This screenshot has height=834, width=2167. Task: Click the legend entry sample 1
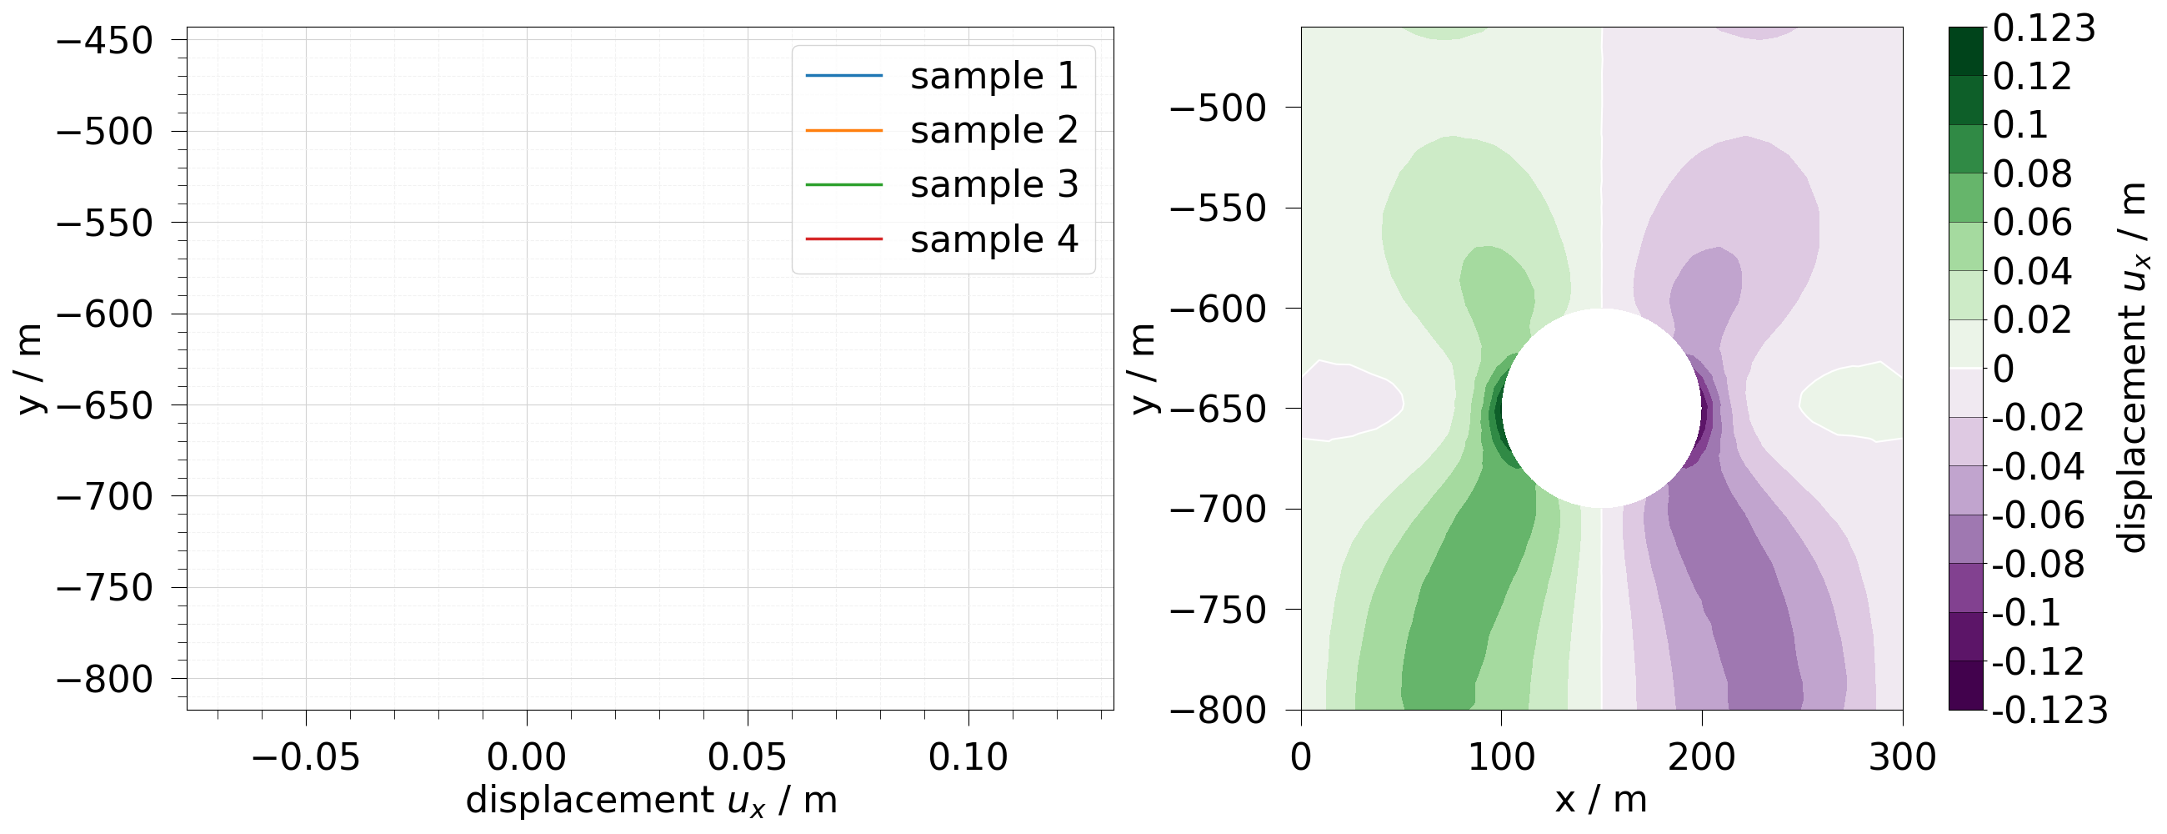(x=993, y=76)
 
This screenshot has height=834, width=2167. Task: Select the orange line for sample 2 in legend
(x=843, y=130)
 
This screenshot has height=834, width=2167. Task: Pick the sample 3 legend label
(x=993, y=184)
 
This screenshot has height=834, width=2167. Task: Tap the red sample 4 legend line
(x=843, y=239)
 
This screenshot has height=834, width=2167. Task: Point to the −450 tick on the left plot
(x=104, y=40)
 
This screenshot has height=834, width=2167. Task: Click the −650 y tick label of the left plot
(x=104, y=405)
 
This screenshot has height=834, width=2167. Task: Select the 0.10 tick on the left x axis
(x=968, y=758)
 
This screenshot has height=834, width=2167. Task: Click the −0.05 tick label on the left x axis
(x=305, y=758)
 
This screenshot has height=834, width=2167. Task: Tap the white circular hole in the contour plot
(x=1601, y=408)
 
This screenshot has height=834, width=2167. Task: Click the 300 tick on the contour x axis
(x=1902, y=758)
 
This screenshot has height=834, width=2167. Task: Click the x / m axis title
(x=1601, y=800)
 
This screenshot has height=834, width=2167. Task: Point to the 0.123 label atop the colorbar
(x=2044, y=29)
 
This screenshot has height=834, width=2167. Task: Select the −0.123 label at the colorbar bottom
(x=2049, y=711)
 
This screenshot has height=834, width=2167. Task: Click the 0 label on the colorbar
(x=2003, y=369)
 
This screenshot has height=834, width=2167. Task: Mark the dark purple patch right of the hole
(x=1705, y=412)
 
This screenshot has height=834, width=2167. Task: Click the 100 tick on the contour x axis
(x=1501, y=758)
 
